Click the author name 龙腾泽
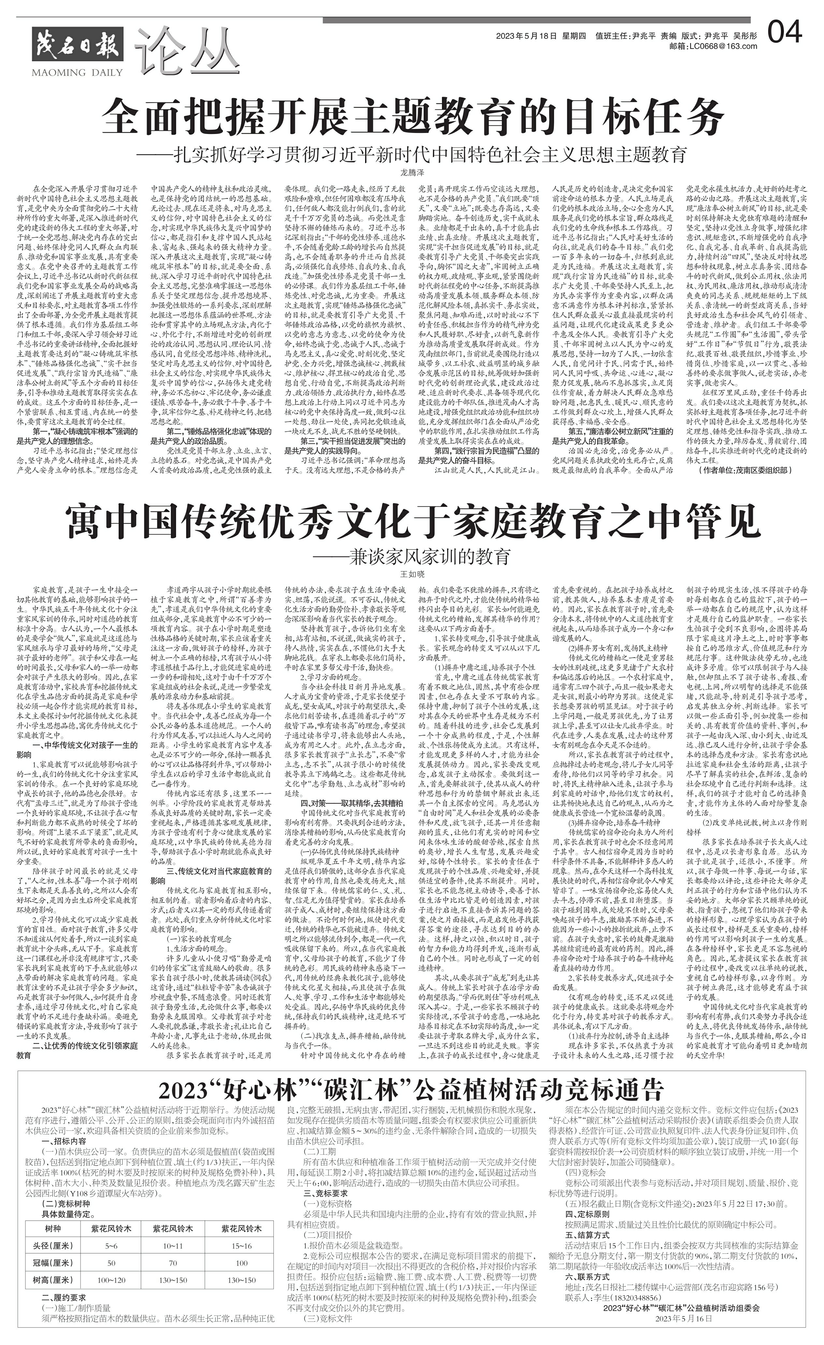[412, 172]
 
